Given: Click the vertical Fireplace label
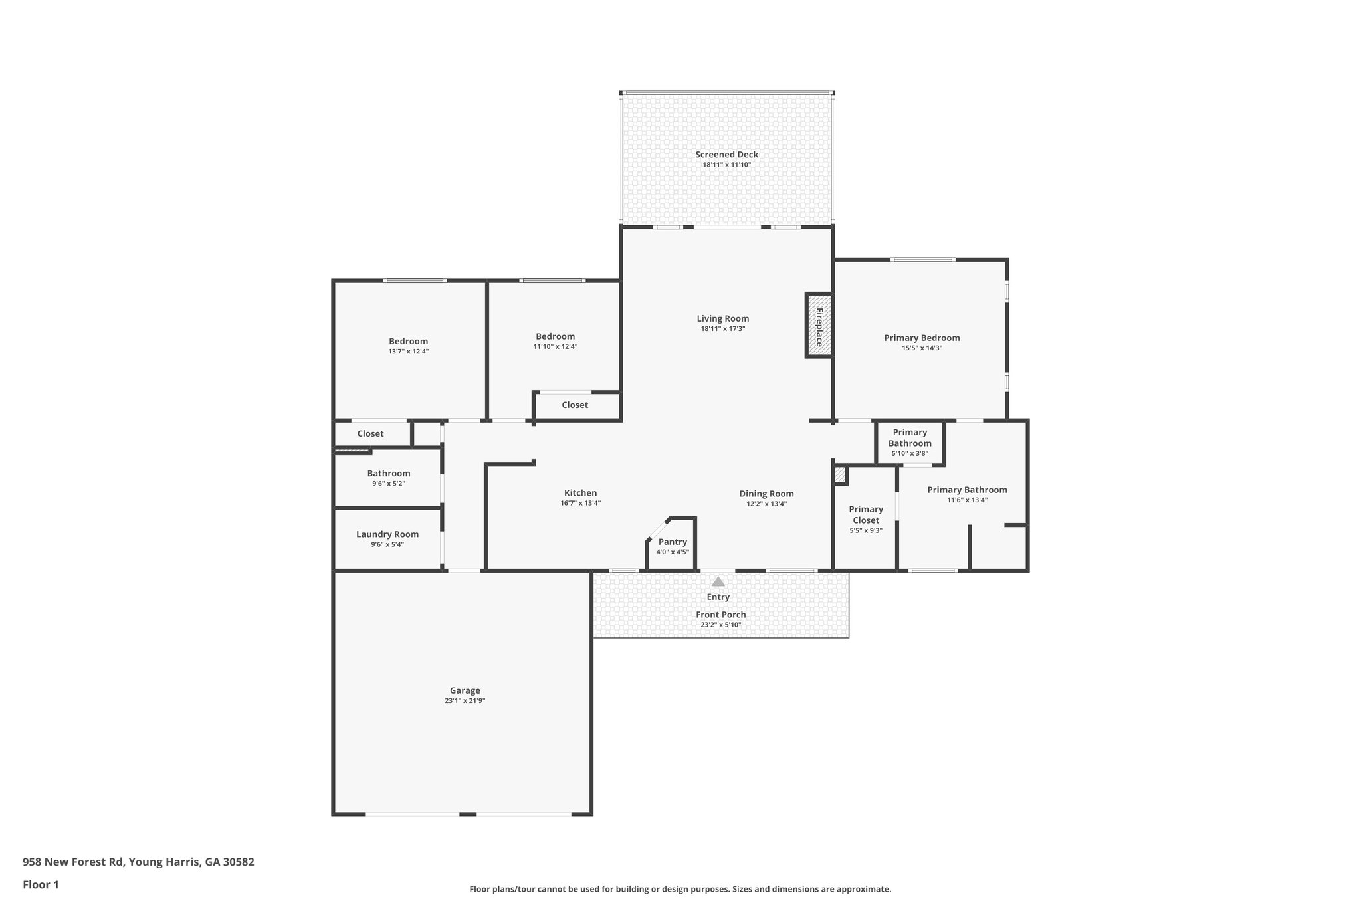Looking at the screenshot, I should [819, 327].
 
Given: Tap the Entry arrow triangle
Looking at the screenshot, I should [718, 581].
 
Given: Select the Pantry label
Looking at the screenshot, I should [673, 542].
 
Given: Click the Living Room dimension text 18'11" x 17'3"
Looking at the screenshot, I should [722, 328].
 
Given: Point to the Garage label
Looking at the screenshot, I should [465, 690].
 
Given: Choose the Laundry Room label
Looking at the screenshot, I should [387, 534].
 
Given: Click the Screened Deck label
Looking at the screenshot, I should [726, 155].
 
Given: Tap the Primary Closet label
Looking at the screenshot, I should [865, 514].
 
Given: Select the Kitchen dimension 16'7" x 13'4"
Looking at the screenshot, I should [580, 503].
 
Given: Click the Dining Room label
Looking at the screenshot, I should [766, 494].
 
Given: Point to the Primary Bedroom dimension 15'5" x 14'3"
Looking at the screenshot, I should [922, 348].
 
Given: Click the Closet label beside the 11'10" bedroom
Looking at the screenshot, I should [574, 405].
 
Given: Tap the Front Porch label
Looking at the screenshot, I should [720, 615].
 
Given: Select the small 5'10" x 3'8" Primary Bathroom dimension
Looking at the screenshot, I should [909, 453].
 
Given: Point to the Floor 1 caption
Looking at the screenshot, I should [41, 884].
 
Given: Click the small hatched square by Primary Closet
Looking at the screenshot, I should [840, 474].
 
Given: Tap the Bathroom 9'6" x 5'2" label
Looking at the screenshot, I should [389, 474].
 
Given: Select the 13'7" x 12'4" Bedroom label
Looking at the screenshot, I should [408, 342].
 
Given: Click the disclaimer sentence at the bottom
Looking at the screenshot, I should [680, 889].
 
